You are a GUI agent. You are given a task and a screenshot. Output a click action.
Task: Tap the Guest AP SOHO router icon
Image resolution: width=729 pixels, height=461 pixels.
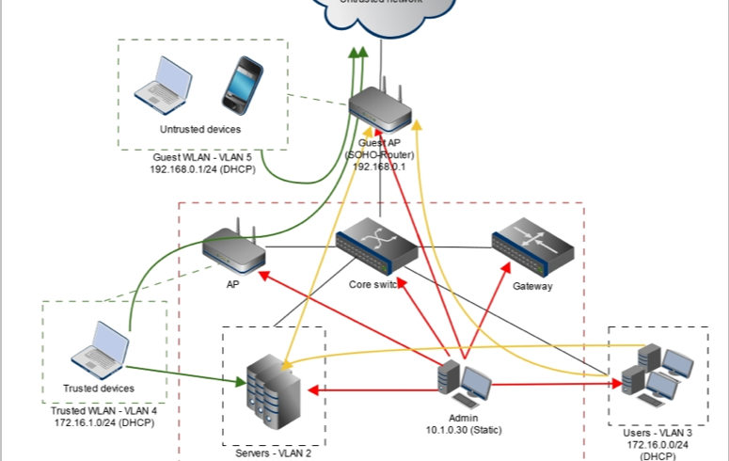(380, 107)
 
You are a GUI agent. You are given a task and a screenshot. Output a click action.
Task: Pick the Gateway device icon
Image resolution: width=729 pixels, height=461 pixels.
(532, 246)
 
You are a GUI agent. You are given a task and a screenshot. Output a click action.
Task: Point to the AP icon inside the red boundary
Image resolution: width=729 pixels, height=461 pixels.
(233, 247)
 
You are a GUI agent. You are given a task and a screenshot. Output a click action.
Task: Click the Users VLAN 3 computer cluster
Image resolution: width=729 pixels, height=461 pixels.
(658, 371)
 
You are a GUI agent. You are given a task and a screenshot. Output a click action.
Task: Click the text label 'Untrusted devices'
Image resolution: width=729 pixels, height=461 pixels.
(199, 129)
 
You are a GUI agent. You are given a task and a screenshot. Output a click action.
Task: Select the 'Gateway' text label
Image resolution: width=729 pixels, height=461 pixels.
(532, 286)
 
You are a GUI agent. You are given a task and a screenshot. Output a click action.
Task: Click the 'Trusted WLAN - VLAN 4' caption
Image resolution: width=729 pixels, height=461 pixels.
(103, 411)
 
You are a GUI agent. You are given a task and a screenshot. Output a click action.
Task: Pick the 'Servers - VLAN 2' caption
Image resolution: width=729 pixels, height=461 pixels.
(273, 453)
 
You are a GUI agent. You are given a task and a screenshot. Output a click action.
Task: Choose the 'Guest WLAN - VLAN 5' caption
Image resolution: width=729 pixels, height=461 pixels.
(202, 158)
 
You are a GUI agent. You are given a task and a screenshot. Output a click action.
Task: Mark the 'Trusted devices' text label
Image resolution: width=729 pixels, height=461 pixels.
(99, 388)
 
